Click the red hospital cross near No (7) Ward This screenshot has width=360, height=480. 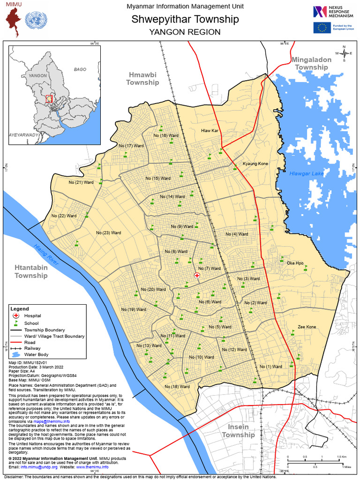(197, 276)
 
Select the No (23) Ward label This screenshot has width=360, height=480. (109, 233)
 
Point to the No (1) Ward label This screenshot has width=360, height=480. (271, 367)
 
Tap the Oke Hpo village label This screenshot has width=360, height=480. (295, 263)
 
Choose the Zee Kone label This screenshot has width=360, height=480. (307, 327)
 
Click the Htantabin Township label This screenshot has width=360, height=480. (31, 272)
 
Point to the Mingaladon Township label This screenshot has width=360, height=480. (311, 63)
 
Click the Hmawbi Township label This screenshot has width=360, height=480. (143, 78)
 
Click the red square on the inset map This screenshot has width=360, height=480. (49, 98)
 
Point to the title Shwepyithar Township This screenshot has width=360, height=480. (185, 19)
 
